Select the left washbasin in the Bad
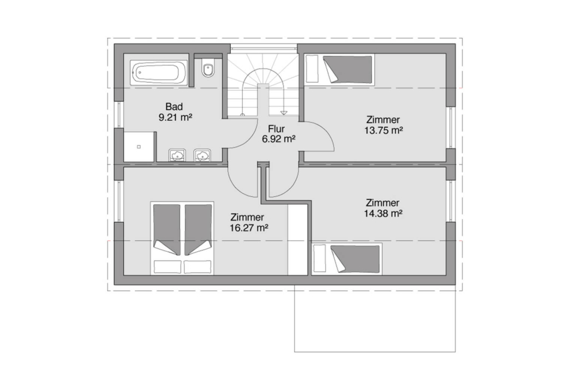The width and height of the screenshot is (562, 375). point(177,156)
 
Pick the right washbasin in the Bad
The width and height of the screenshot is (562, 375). point(202,156)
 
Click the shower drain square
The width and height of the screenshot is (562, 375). point(139,147)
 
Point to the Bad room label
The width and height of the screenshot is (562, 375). point(174,106)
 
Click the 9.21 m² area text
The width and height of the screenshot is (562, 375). point(176,117)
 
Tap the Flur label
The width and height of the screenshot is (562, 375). point(276,129)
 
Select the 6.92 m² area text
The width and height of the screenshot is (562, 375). point(278,139)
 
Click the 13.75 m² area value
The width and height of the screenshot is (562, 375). point(384,130)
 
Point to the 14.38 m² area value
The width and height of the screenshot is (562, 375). point(383,214)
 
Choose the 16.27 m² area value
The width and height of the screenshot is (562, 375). point(249,228)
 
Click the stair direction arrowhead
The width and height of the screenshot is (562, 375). point(284,113)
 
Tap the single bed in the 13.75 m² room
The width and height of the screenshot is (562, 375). point(339,69)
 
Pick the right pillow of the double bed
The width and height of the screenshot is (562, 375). point(198,267)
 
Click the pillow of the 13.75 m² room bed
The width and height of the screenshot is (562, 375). point(312,69)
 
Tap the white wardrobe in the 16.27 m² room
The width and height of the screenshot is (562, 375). point(298,239)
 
